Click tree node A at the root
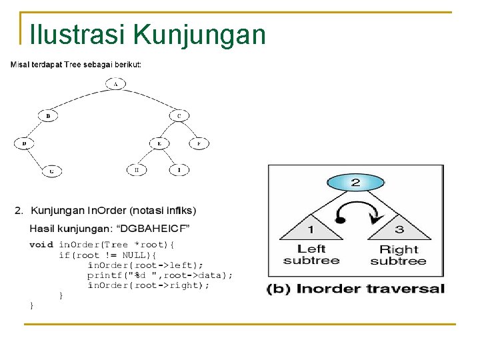click(116, 84)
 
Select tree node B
click(48, 115)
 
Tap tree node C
click(179, 115)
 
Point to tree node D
click(24, 143)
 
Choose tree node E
click(159, 143)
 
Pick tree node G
click(52, 171)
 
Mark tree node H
click(137, 170)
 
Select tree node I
click(178, 170)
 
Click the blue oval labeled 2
click(355, 182)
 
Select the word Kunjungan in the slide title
click(199, 34)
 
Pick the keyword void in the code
click(41, 245)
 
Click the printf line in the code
click(160, 275)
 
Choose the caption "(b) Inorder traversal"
click(355, 289)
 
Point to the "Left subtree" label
click(311, 255)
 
